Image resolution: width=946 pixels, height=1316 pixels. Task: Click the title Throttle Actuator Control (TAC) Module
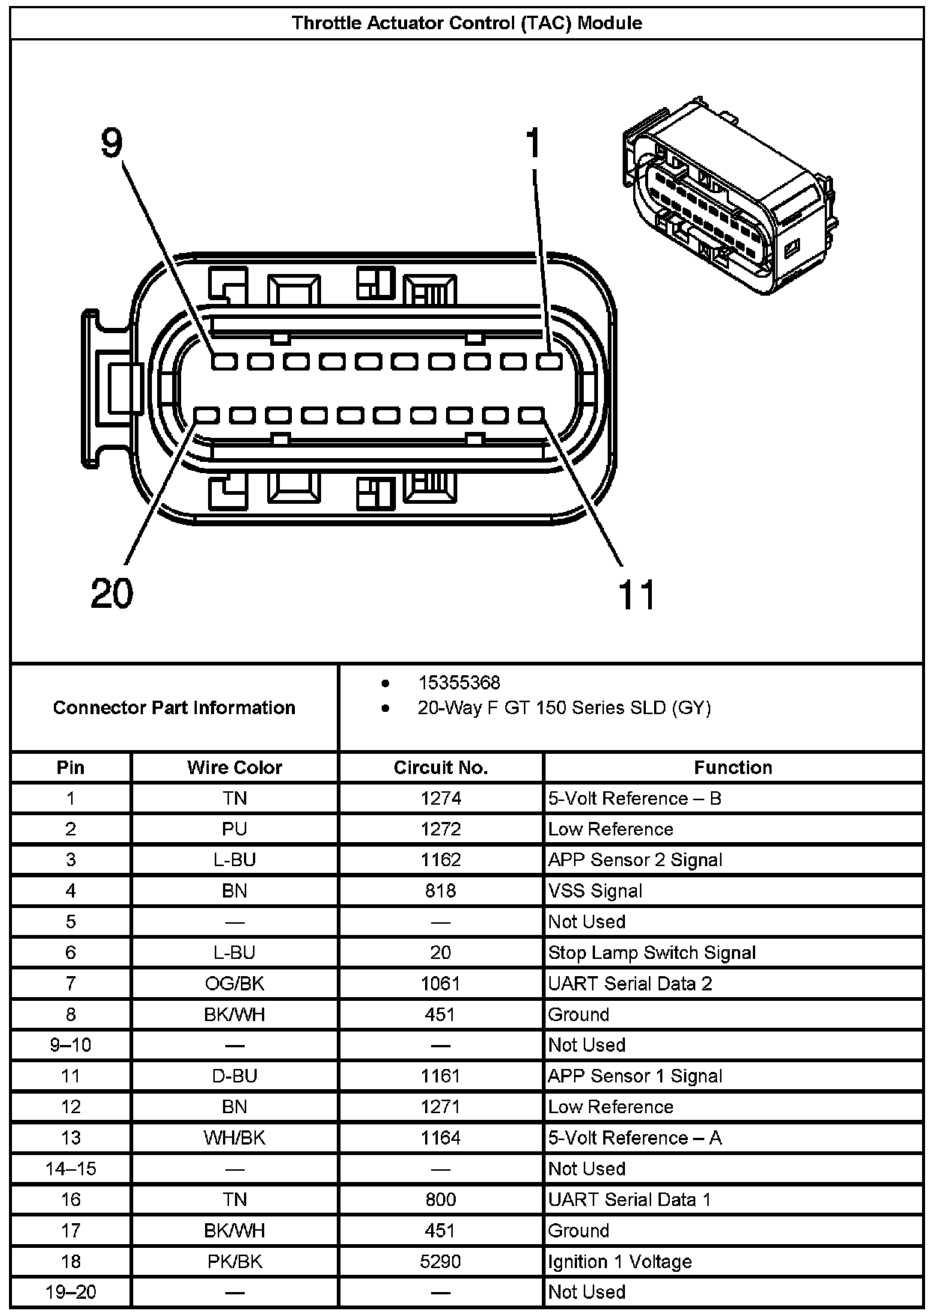pos(466,22)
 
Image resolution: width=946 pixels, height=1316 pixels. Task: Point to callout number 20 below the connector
pos(112,594)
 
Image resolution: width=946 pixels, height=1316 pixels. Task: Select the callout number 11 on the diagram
pos(636,595)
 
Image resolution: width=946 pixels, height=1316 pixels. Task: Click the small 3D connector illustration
pos(726,198)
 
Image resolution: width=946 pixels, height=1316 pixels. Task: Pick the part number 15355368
pos(459,683)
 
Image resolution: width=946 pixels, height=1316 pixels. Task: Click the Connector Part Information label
pos(174,707)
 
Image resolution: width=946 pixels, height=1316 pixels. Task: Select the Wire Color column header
pos(234,767)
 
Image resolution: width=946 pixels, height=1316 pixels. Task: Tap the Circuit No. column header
pos(440,767)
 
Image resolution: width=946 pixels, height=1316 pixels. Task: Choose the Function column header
pos(733,767)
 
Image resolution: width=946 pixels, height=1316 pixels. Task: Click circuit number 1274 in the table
pos(440,798)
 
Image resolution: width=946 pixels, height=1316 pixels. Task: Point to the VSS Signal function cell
pos(595,891)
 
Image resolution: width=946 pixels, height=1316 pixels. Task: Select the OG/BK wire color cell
pos(234,983)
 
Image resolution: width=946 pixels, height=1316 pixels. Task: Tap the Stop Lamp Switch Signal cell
pos(652,952)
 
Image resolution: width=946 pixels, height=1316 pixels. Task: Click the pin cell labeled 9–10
pos(70,1045)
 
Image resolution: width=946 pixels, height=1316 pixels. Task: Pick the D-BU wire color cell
pos(234,1076)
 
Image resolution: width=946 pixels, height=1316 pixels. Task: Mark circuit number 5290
pos(440,1261)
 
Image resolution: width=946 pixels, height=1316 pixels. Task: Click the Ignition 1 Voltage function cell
pos(620,1261)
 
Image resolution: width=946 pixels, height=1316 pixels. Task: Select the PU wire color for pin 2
pos(234,829)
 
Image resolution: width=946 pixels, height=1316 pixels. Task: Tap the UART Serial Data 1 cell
pos(629,1199)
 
